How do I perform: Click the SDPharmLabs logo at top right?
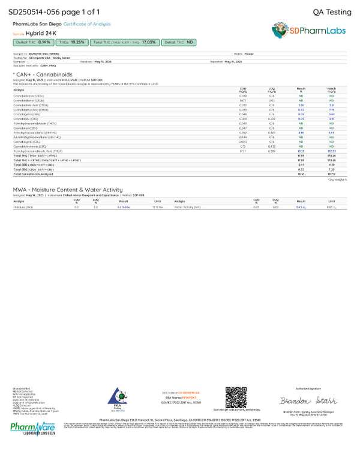311,30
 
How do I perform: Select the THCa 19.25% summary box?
71,43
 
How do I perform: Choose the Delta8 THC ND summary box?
179,43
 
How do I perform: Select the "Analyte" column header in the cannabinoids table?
19,89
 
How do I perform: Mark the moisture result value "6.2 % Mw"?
124,207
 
